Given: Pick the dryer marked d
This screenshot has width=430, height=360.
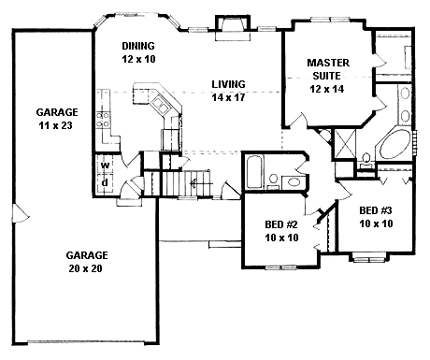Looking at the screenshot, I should point(106,180).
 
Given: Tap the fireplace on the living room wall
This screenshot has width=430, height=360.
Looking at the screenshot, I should point(229,25).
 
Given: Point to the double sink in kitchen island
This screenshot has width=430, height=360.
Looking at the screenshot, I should point(154,96).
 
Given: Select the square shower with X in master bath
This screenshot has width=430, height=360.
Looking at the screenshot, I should point(343,145).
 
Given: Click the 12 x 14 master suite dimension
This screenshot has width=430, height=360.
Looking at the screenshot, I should point(329,91).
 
